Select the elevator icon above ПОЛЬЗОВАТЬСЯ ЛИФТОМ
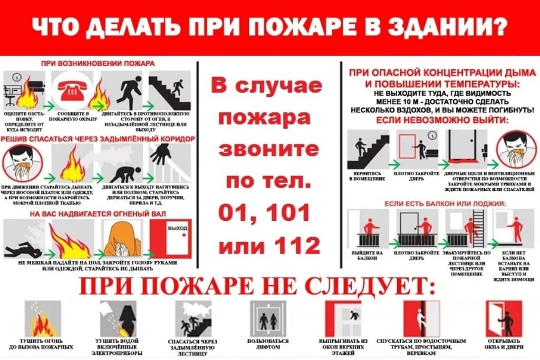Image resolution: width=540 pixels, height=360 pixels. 268,318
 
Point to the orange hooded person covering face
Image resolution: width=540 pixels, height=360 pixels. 122,238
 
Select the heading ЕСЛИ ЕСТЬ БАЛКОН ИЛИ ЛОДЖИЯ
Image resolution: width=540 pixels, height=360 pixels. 437,203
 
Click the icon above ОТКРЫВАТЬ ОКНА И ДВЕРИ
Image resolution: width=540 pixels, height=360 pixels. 503,318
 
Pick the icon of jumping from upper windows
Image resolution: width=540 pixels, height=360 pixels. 343,318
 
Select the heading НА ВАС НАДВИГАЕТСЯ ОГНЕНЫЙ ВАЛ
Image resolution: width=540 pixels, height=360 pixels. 98,213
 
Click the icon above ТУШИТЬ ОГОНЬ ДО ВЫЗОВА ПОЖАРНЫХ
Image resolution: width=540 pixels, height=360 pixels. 42,318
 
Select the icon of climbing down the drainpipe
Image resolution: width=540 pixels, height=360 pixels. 421,318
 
